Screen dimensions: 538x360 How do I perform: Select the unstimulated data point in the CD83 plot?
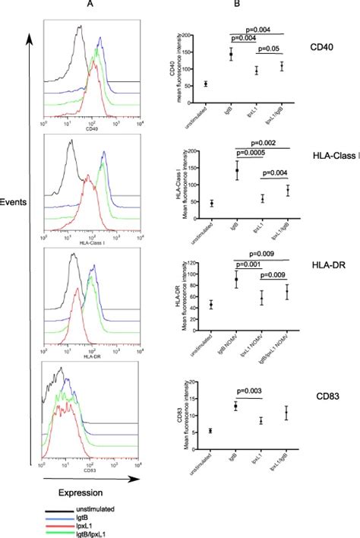[x=210, y=431]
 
